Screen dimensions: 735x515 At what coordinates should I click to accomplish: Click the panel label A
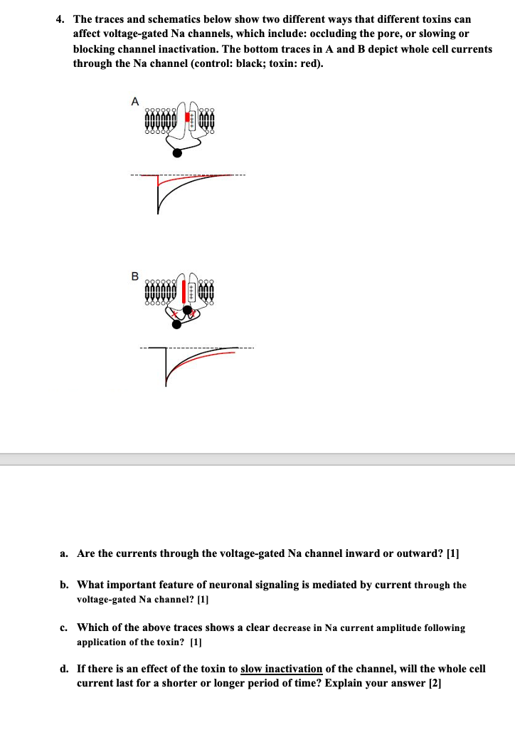134,101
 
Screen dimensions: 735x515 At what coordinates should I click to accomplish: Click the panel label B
134,276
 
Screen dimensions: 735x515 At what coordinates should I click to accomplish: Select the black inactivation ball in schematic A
177,152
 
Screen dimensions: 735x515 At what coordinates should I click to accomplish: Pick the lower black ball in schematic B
176,325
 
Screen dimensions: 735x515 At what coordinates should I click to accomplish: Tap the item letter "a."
64,553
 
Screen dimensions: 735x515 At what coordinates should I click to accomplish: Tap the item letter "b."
64,585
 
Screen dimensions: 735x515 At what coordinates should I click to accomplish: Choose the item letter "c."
64,627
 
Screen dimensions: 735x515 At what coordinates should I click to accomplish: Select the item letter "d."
64,669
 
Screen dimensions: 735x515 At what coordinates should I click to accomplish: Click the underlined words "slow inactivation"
282,669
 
